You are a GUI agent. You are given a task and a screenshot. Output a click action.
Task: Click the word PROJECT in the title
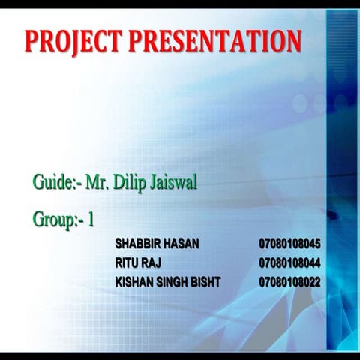click(x=74, y=41)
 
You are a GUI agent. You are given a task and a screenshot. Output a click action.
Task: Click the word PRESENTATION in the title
click(x=215, y=41)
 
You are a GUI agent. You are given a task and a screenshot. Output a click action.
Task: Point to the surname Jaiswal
click(x=173, y=182)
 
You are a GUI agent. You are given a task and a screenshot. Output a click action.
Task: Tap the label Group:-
click(x=58, y=220)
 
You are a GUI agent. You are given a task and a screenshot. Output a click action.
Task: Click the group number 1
click(x=91, y=220)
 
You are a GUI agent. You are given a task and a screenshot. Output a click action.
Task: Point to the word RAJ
click(x=151, y=263)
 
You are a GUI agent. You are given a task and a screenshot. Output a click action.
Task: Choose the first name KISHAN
click(x=133, y=283)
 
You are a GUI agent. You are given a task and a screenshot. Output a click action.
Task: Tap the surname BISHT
click(x=206, y=283)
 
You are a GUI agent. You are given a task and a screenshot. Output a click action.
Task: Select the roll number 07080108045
click(x=290, y=244)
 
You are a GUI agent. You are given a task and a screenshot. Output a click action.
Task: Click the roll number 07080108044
click(x=290, y=263)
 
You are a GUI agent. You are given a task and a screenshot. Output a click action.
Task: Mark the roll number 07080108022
click(x=290, y=283)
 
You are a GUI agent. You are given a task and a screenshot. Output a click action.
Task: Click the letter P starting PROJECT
click(x=32, y=41)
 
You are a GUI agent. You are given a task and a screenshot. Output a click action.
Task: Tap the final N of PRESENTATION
click(x=293, y=41)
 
